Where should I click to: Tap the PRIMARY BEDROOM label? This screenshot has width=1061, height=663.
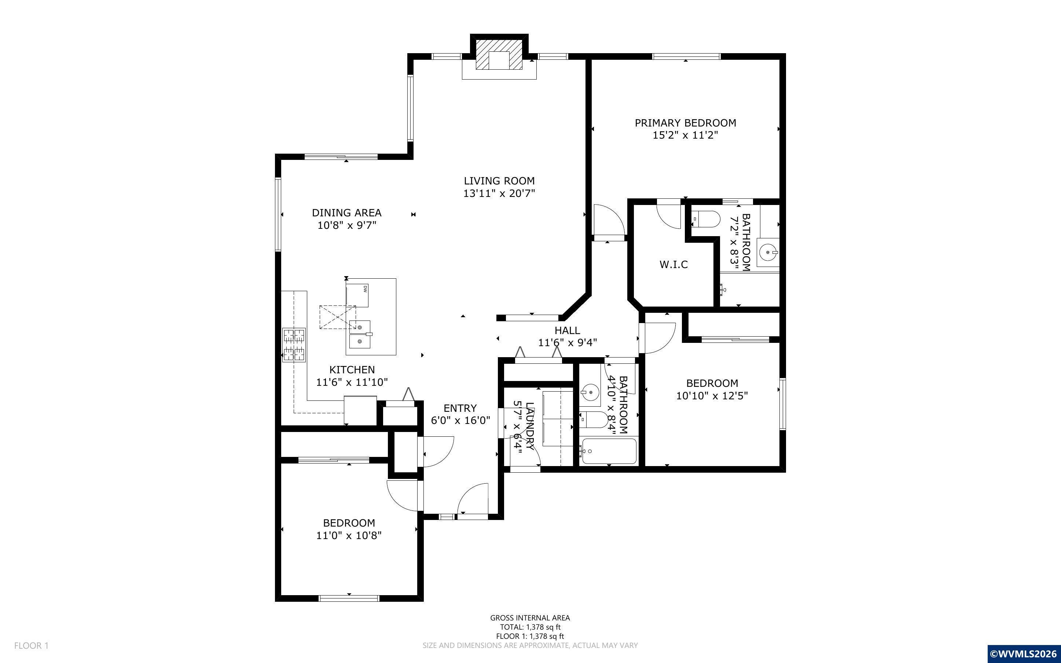pyautogui.click(x=686, y=123)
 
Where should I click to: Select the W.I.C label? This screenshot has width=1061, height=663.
pyautogui.click(x=673, y=264)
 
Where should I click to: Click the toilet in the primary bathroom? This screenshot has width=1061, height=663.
pyautogui.click(x=706, y=218)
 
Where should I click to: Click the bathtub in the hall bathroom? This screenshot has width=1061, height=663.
pyautogui.click(x=608, y=450)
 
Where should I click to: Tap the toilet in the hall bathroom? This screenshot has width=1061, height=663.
pyautogui.click(x=594, y=419)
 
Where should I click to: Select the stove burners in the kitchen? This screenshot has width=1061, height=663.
pyautogui.click(x=294, y=345)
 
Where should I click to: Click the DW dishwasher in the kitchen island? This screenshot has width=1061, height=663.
pyautogui.click(x=357, y=295)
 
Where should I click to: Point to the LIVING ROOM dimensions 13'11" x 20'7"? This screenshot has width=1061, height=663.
pyautogui.click(x=499, y=193)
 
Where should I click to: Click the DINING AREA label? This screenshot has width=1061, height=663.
pyautogui.click(x=347, y=213)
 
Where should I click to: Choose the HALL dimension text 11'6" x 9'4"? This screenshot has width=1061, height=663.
pyautogui.click(x=568, y=343)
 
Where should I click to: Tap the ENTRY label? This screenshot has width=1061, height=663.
pyautogui.click(x=460, y=408)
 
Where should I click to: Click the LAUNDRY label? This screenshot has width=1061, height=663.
pyautogui.click(x=529, y=426)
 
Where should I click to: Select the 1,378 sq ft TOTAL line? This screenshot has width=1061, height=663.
pyautogui.click(x=530, y=627)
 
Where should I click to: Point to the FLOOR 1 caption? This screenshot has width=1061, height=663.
pyautogui.click(x=32, y=645)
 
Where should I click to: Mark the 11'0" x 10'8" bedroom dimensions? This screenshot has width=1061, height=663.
pyautogui.click(x=349, y=535)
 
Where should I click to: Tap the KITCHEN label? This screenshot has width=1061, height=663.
pyautogui.click(x=352, y=370)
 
